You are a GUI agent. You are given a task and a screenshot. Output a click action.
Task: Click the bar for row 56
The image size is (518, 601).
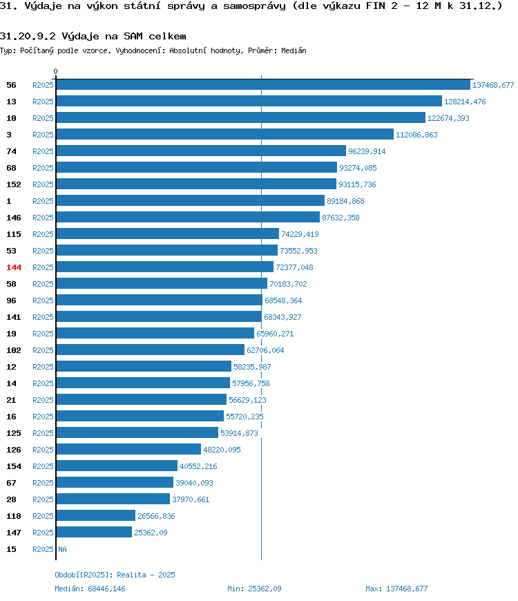[263, 85]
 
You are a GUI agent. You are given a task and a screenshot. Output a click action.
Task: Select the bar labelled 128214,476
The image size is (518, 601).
[249, 101]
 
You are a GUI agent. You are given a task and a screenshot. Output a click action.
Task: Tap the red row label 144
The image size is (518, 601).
[14, 267]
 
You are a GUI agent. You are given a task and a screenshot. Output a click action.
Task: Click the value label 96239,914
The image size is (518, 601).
[367, 151]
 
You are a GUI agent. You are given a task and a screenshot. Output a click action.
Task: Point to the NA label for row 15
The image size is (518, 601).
[62, 549]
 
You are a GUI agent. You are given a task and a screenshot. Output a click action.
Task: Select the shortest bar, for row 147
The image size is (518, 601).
[94, 532]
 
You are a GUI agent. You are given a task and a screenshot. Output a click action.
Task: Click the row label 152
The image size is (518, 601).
[14, 184]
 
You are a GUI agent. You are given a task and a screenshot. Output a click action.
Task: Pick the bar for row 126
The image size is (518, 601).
[128, 449]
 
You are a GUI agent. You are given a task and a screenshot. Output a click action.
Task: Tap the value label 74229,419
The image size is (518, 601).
[300, 234]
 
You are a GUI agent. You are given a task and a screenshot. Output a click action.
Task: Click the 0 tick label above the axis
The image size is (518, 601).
[55, 71]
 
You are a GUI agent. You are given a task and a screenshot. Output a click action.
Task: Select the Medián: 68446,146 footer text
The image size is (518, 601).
[90, 589]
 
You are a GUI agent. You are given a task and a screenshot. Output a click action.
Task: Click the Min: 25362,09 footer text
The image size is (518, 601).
[254, 589]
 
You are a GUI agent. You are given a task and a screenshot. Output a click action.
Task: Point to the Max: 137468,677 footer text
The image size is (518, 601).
[396, 589]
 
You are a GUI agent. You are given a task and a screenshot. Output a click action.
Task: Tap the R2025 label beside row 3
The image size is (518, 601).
[43, 135]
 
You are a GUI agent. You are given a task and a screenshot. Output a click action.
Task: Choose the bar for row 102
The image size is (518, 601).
[150, 350]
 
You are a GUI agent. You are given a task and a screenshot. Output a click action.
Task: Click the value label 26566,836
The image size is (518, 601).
[156, 516]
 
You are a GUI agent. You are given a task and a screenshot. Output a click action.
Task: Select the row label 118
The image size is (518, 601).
[14, 516]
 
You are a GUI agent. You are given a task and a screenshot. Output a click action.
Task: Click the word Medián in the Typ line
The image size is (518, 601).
[294, 50]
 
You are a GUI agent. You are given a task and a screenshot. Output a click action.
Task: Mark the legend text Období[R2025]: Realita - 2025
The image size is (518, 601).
[115, 575]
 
